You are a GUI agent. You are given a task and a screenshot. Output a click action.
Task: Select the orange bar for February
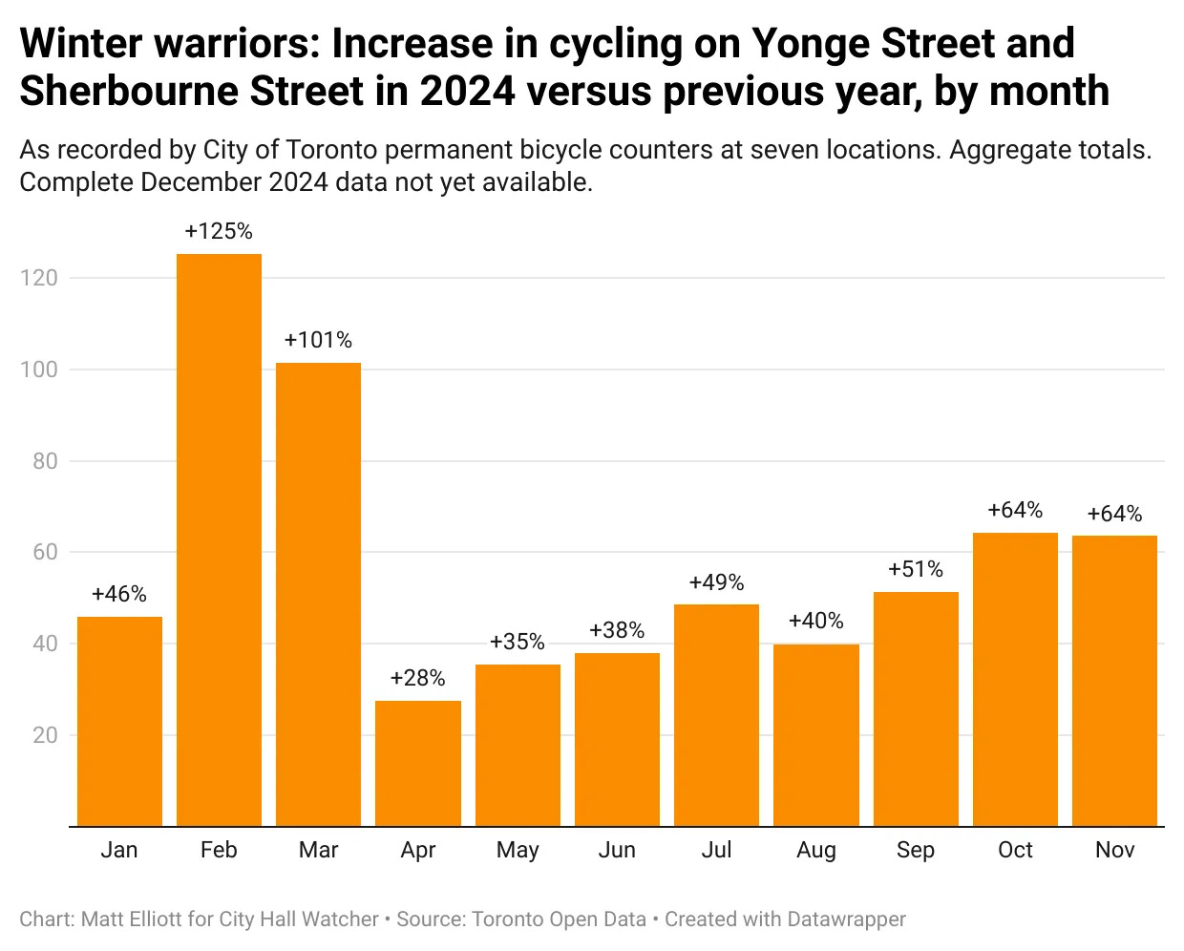(219, 539)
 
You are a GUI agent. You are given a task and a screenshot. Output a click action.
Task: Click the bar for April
(418, 763)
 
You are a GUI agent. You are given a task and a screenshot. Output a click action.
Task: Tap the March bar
(318, 594)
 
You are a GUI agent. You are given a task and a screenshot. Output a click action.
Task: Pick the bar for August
(816, 735)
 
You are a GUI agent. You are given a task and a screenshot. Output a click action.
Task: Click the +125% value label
(219, 231)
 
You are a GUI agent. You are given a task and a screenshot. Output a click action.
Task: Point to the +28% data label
(418, 678)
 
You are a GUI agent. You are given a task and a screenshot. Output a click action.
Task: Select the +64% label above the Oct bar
(1015, 510)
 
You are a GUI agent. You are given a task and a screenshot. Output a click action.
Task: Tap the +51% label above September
(916, 569)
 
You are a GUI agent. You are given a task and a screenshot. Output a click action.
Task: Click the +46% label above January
(119, 594)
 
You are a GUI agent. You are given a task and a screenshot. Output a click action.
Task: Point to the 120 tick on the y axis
(39, 278)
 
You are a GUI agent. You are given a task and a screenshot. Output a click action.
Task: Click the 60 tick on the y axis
(45, 552)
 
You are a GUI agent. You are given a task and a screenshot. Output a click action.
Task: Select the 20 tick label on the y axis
(45, 735)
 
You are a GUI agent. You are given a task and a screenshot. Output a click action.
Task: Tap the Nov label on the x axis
(1114, 850)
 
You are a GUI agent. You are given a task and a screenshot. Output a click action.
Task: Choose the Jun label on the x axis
(617, 850)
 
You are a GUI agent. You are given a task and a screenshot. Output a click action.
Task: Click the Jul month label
(716, 850)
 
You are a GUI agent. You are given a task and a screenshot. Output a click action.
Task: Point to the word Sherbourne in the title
(128, 92)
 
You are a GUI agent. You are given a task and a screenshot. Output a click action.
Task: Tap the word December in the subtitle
(200, 181)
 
